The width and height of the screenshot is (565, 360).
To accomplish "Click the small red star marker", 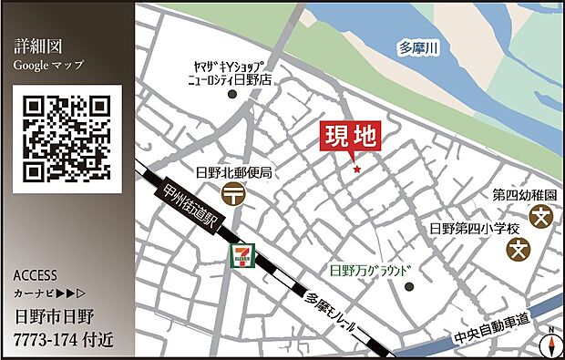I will point(356,169).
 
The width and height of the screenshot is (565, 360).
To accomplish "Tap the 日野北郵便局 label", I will point(234,172).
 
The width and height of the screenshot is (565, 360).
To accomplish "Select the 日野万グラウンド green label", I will point(371,270).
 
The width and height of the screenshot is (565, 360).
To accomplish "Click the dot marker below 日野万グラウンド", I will point(409,287).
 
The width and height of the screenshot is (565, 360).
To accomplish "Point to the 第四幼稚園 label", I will point(525,195).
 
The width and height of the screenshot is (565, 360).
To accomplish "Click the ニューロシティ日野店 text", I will point(229,80).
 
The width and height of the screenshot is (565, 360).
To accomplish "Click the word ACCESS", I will point(36,275).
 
